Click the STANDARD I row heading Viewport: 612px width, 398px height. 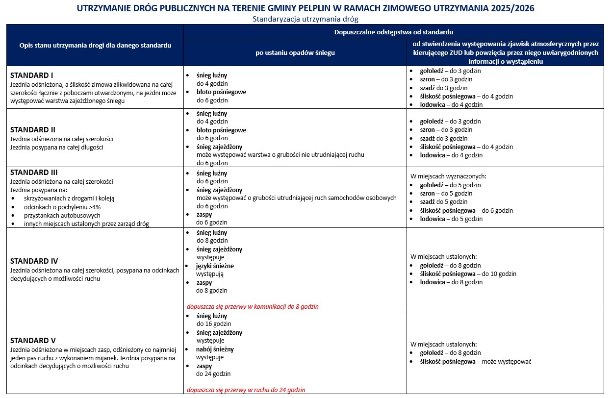click(x=32, y=75)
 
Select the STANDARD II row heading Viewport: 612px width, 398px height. click(x=33, y=130)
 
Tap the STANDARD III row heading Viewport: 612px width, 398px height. click(x=34, y=173)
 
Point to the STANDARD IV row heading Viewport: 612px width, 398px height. click(x=34, y=261)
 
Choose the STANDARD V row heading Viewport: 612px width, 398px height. click(x=33, y=341)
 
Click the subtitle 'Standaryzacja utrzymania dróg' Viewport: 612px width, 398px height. click(x=306, y=19)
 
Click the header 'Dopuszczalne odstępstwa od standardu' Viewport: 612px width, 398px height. click(x=393, y=31)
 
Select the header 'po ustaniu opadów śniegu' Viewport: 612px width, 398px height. click(x=295, y=52)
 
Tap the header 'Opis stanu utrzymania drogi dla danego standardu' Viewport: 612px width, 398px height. click(x=95, y=45)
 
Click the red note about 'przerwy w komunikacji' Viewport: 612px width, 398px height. click(x=253, y=306)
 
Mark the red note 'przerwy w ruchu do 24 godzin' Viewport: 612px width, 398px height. click(x=246, y=390)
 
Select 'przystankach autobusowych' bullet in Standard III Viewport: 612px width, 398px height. click(x=62, y=215)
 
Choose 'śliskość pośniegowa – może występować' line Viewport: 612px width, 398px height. click(x=476, y=362)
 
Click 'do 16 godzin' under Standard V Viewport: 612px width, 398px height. click(x=214, y=324)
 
